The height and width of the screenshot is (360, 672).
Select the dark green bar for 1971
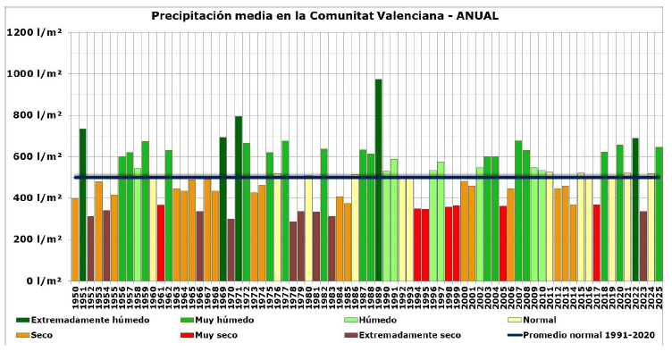(x=239, y=197)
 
